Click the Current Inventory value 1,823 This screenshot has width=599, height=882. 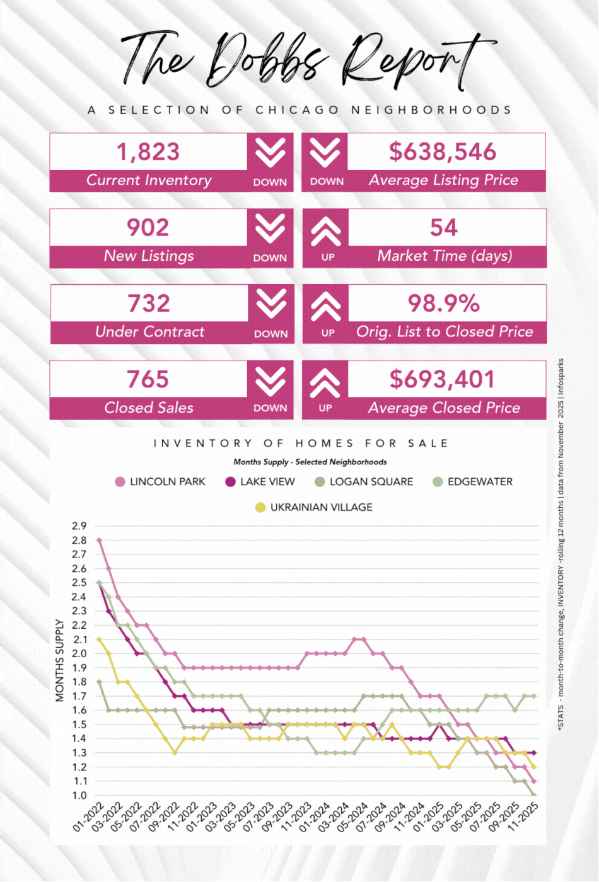(148, 152)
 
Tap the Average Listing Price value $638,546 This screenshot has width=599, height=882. (443, 152)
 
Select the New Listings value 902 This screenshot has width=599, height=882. (148, 227)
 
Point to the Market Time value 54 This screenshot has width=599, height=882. (443, 227)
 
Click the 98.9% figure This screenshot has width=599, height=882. (443, 303)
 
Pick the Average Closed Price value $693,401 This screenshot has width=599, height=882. (443, 379)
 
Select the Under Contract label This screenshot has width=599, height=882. (149, 331)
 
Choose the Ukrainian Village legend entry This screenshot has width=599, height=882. (314, 507)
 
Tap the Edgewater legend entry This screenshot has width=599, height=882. (473, 481)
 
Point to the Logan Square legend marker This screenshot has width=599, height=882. (320, 482)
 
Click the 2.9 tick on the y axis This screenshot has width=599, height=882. (79, 526)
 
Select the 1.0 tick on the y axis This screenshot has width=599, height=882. (79, 795)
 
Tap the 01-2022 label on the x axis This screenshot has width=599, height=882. (89, 818)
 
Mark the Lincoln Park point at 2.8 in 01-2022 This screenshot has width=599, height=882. (99, 540)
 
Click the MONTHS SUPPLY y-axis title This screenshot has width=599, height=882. (60, 660)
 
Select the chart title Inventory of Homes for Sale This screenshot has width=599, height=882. (301, 443)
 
